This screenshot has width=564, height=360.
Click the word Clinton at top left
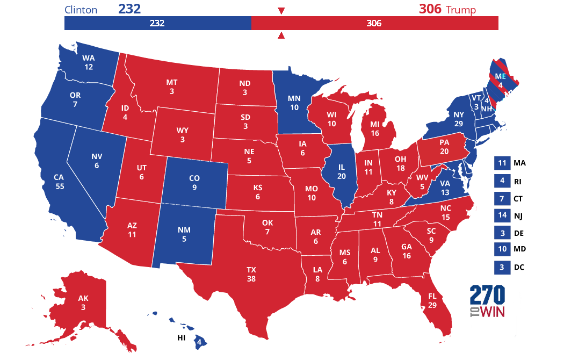tap(81, 10)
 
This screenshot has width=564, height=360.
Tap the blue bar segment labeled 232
tap(157, 23)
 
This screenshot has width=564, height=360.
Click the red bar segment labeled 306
tap(374, 23)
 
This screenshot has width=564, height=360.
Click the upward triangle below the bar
tap(280, 36)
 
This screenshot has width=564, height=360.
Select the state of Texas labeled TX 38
tap(251, 274)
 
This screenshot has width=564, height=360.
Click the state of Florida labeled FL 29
tap(432, 301)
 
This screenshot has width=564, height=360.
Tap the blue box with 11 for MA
tap(502, 163)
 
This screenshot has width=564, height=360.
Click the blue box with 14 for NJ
tap(502, 215)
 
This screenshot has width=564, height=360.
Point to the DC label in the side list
tap(518, 267)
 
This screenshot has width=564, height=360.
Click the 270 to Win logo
tap(487, 301)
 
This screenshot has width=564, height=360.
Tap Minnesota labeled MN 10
tap(294, 102)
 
